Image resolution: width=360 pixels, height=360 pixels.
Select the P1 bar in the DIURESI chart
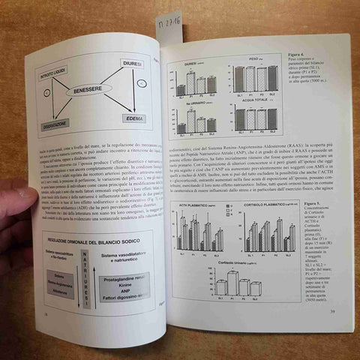click(190, 82)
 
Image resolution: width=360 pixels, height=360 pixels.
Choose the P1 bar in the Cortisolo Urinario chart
click(232, 283)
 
